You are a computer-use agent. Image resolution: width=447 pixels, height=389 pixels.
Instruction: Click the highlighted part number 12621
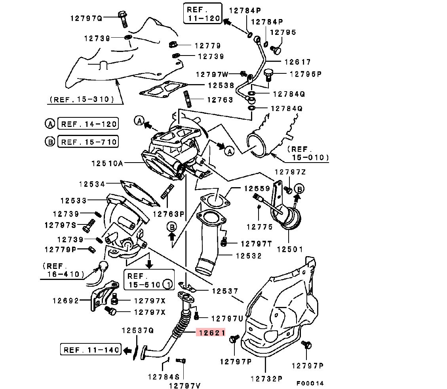[212, 333]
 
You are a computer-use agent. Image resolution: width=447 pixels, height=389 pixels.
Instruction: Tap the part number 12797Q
[86, 18]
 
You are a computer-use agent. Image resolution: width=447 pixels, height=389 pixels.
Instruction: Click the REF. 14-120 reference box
[88, 124]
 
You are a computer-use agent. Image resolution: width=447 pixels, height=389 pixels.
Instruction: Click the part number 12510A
[108, 163]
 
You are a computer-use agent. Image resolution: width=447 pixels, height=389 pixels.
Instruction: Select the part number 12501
[289, 249]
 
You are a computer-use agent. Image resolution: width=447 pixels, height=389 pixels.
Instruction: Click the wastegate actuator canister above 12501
[291, 218]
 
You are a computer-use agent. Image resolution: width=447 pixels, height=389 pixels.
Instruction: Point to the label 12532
[249, 256]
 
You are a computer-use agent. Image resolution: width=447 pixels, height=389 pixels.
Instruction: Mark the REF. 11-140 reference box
[91, 350]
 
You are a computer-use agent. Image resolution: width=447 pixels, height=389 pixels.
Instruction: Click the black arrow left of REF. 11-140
[127, 351]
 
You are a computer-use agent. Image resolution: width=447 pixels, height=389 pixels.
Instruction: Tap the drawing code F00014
[310, 383]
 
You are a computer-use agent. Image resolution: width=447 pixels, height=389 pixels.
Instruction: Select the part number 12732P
[266, 379]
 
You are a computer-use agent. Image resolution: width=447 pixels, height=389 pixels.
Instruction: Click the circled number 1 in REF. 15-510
[168, 284]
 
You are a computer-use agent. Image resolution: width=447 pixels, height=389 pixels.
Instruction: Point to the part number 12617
[297, 62]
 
